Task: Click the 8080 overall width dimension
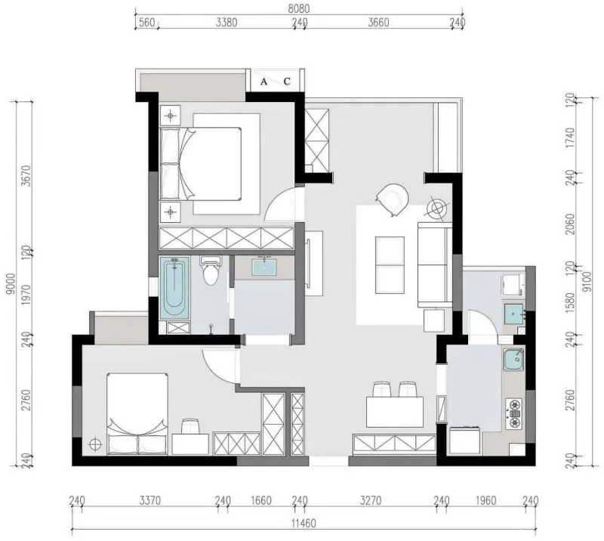point(298,8)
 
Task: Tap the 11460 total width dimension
point(304,524)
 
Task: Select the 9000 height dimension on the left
point(11,283)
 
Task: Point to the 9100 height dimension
point(587,282)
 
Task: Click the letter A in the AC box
point(263,82)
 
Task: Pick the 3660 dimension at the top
point(378,23)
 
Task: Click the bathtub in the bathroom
point(174,288)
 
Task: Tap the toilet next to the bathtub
point(211,270)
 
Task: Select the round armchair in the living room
point(393,199)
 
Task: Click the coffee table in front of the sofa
point(390,265)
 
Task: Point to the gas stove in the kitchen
point(514,414)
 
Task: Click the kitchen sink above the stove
point(513,360)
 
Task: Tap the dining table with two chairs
point(395,412)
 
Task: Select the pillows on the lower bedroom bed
point(137,444)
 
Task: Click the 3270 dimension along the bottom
point(371,500)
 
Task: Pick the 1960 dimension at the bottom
point(485,500)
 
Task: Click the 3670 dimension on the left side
point(26,176)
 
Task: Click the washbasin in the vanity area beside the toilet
point(264,267)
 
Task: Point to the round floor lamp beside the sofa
point(438,209)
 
